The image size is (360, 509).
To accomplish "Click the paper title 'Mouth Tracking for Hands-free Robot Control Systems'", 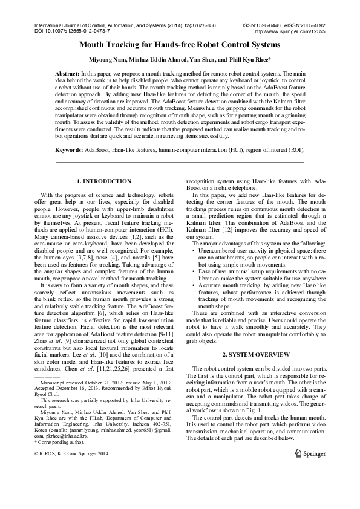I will point(180,45).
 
